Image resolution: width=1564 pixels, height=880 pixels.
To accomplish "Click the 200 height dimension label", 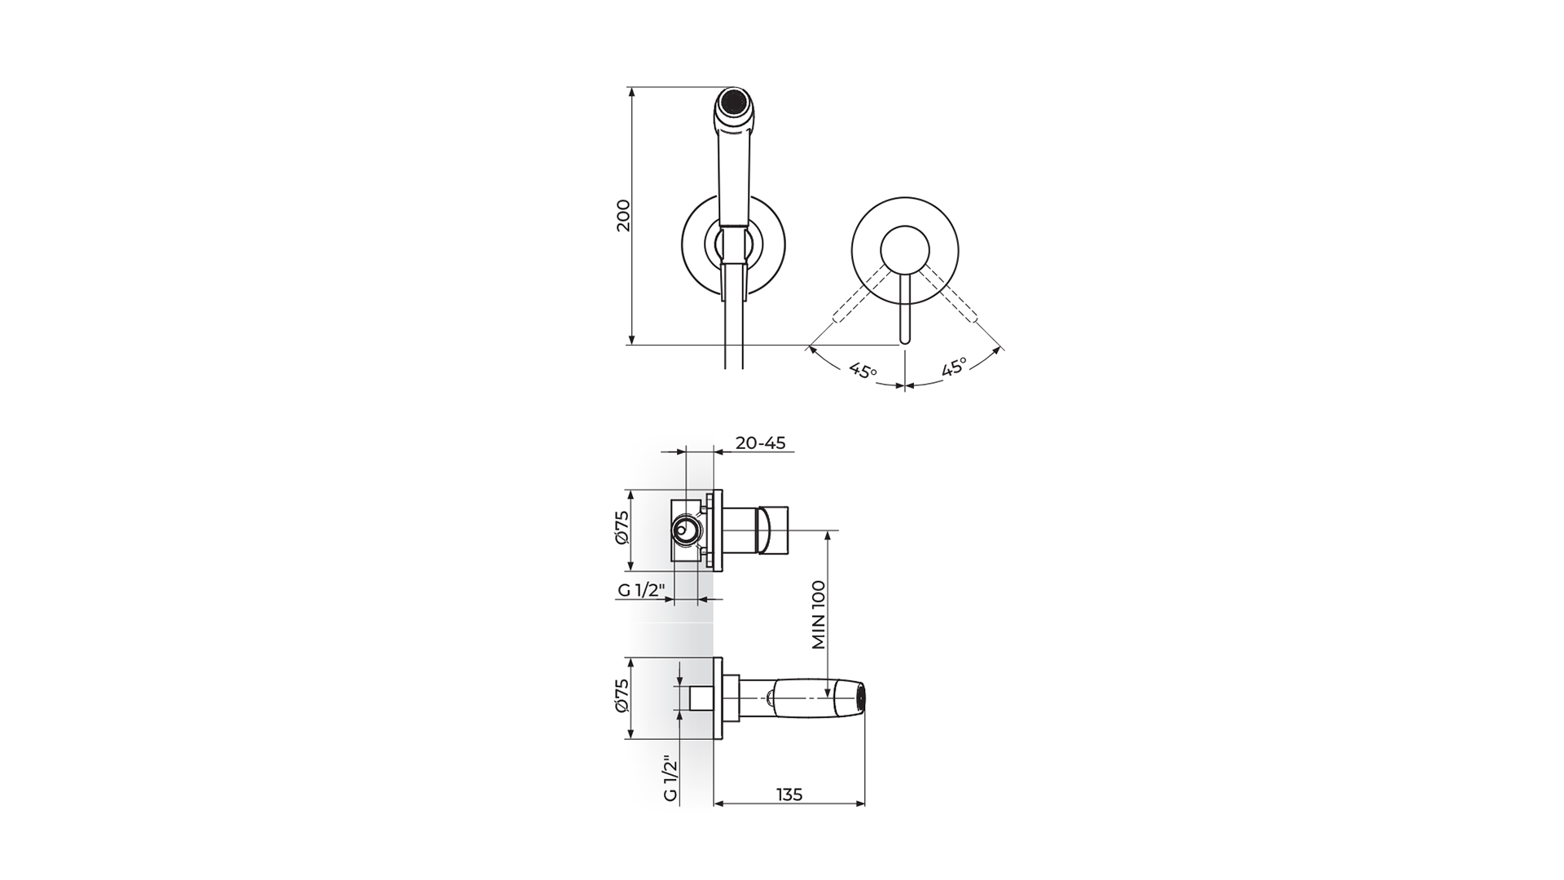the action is [623, 215].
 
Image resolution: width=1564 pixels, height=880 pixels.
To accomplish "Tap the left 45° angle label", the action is [863, 371].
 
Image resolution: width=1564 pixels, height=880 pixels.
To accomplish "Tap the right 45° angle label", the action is [954, 367].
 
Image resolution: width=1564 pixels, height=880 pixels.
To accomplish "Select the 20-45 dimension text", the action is [760, 443].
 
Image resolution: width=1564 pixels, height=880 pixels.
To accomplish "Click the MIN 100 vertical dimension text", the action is [819, 614].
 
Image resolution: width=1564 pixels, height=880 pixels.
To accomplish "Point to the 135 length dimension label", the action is [789, 794].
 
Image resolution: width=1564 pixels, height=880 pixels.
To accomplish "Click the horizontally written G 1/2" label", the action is [641, 591].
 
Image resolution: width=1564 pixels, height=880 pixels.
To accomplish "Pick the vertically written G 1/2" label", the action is [670, 779].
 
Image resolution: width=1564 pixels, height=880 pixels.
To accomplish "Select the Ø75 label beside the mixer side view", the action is [623, 528].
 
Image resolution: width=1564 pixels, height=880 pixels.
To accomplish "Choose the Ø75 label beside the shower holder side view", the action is [623, 696].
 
